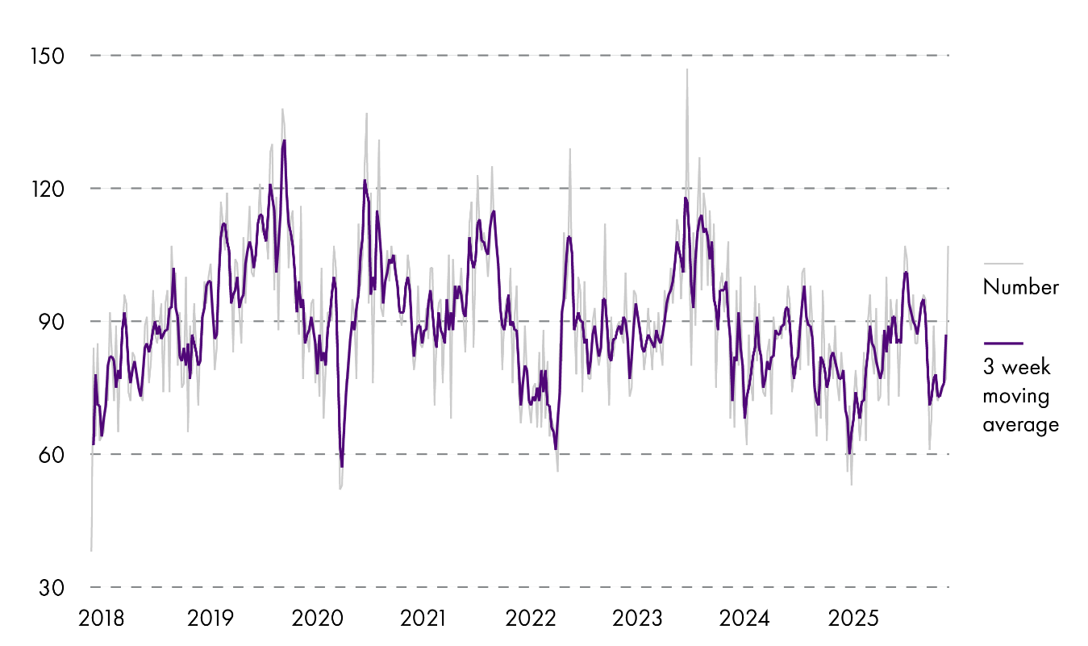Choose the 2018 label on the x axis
[102, 619]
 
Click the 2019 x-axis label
[210, 619]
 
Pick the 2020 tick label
[317, 619]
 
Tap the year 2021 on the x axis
[424, 619]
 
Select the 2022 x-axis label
[531, 619]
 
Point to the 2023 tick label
[638, 619]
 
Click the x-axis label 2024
[745, 619]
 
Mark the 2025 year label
[852, 619]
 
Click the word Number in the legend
[1020, 287]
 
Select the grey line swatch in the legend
[1003, 264]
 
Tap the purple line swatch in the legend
[1003, 343]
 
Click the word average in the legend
[1020, 425]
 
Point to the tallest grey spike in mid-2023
[687, 70]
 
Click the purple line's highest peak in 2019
[285, 141]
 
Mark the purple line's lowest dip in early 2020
[342, 466]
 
